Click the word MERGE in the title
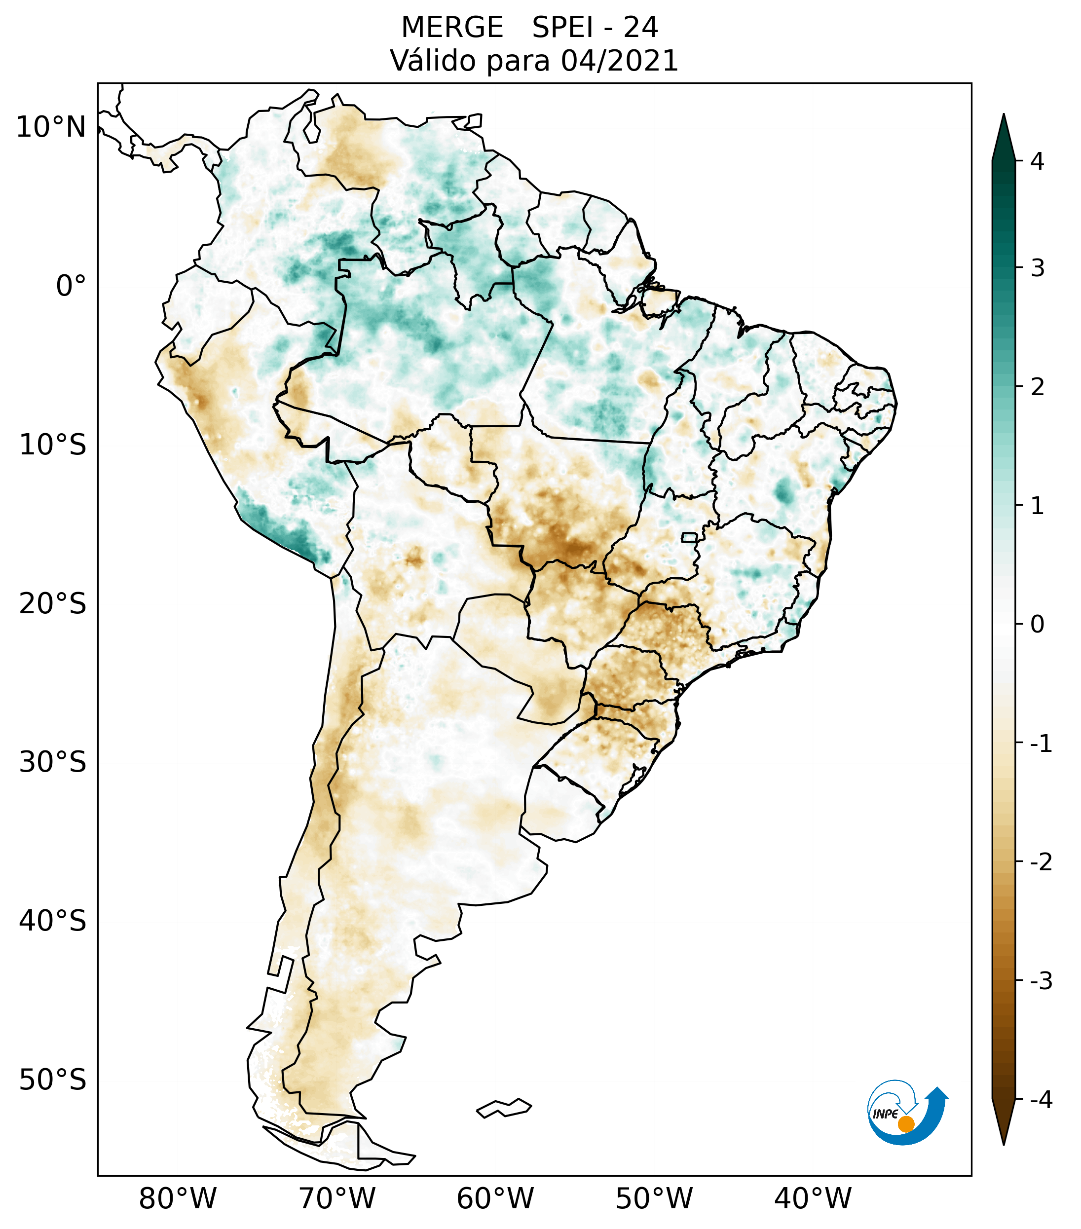[x=452, y=28]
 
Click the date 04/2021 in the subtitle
[x=620, y=61]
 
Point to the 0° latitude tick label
[x=71, y=286]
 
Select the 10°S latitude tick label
[x=53, y=445]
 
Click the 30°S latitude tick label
[x=53, y=762]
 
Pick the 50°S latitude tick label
[x=53, y=1080]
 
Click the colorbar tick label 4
[x=1037, y=161]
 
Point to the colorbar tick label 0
[x=1037, y=624]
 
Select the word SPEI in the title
[x=562, y=28]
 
